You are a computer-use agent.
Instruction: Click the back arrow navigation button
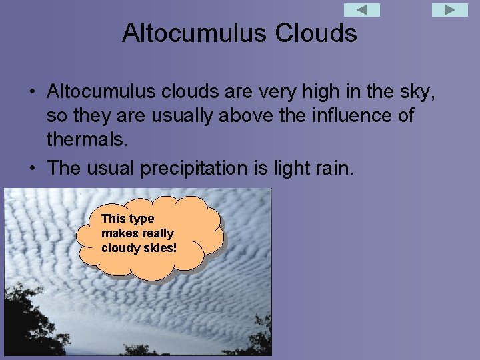(361, 10)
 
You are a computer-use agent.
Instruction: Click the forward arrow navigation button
(450, 10)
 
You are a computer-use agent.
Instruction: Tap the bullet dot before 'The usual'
(32, 168)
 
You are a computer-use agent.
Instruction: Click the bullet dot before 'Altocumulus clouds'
(32, 91)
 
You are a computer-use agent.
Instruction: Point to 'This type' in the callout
(127, 219)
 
